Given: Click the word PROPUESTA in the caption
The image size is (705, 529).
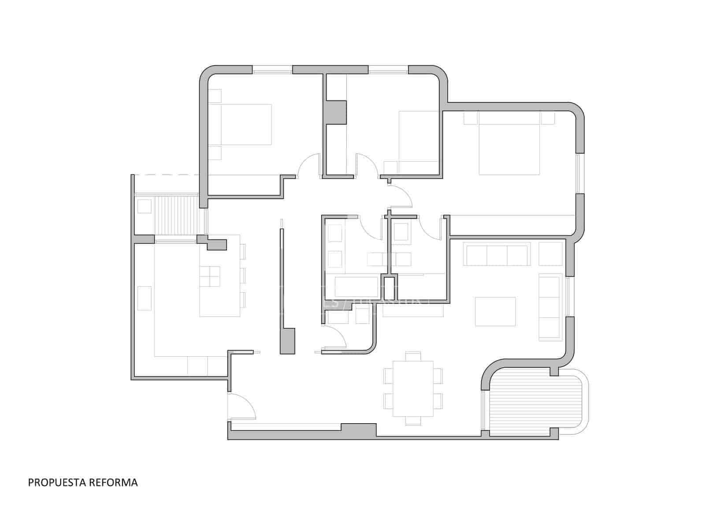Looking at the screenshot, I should (57, 483).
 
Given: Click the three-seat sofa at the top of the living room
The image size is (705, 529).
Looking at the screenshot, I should (497, 256).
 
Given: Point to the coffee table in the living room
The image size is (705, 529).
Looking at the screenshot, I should (495, 311).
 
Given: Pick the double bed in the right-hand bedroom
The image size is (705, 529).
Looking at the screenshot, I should (509, 143).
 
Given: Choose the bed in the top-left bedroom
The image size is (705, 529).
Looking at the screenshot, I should (240, 124).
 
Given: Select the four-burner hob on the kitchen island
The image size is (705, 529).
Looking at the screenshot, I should (210, 277).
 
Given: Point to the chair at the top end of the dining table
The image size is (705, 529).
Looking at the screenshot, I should (413, 356).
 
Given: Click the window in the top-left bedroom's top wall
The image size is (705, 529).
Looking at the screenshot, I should (272, 69).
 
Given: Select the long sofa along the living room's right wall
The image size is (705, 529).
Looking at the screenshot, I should (549, 307).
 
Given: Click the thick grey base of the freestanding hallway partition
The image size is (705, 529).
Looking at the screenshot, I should (288, 340).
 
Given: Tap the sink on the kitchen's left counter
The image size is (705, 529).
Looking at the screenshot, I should (145, 298).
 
